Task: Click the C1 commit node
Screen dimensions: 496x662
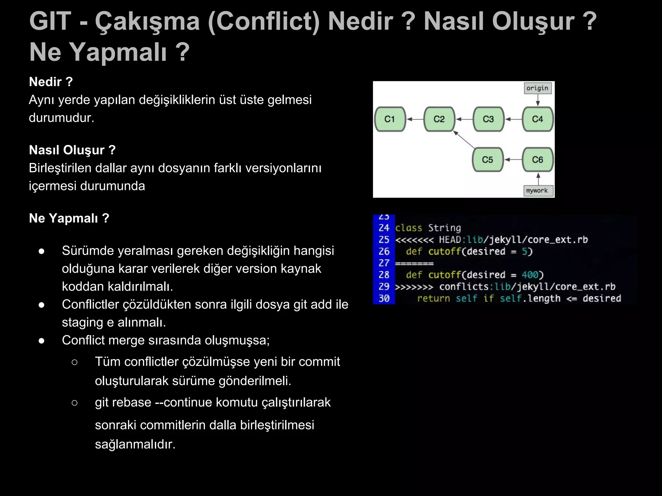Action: (390, 119)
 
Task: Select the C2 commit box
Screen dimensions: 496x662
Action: (439, 119)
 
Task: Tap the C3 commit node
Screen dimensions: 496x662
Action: (488, 119)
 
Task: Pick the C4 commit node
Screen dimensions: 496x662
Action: (538, 119)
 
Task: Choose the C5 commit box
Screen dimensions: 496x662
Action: (487, 160)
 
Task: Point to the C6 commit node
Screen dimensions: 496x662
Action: (538, 160)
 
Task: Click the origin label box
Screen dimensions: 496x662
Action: (537, 88)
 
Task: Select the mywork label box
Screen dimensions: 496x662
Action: (537, 191)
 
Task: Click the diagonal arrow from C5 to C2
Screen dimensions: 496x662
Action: (464, 139)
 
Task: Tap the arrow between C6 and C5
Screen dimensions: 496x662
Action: (513, 160)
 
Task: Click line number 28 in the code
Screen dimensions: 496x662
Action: (384, 275)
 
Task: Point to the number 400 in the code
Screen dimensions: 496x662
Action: (530, 275)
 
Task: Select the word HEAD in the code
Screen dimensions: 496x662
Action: (450, 240)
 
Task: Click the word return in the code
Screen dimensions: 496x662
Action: (433, 298)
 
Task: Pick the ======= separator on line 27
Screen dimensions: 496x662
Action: (414, 263)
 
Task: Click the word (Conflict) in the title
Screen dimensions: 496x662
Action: (263, 21)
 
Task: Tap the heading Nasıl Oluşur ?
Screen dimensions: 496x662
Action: (72, 150)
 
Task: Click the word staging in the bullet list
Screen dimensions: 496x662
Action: (82, 322)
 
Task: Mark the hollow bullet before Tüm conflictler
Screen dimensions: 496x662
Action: (74, 362)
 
